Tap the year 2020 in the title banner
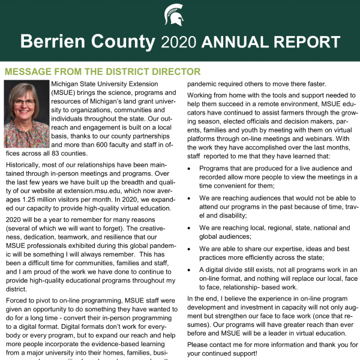pos(179,42)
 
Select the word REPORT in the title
pos(308,42)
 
